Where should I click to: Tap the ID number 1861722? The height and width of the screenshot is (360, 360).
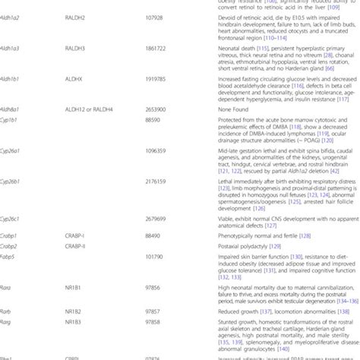tap(155, 48)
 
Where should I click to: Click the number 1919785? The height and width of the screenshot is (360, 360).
tap(155, 78)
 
